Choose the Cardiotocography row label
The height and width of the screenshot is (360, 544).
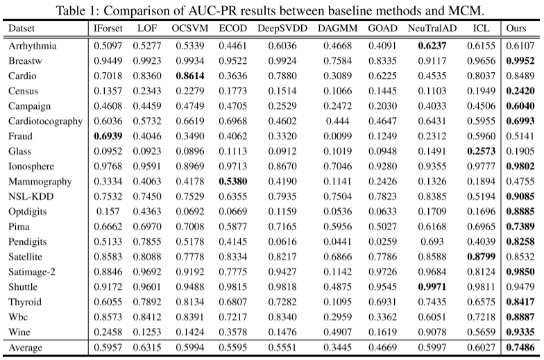46,120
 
